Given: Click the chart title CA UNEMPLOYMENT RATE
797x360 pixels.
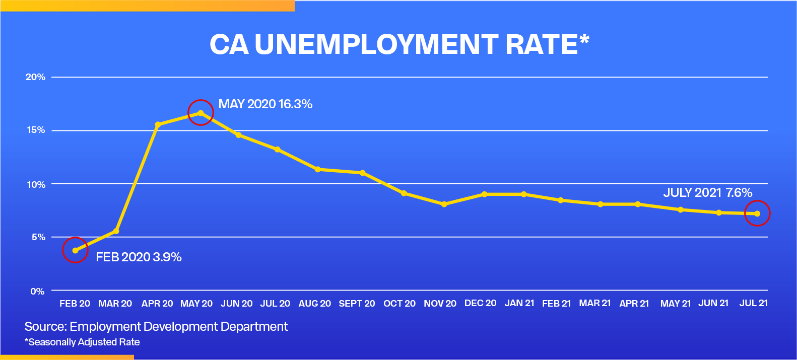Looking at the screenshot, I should click(393, 44).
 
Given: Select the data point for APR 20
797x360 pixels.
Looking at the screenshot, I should click(158, 124).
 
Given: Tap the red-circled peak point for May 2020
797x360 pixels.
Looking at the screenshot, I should click(201, 113).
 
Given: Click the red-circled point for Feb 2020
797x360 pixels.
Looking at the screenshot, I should click(76, 250).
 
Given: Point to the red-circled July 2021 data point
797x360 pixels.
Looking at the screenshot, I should click(757, 213).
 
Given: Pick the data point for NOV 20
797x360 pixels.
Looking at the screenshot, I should click(444, 204).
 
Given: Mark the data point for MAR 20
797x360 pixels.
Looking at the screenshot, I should click(116, 231).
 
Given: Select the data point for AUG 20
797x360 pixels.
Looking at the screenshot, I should click(317, 169).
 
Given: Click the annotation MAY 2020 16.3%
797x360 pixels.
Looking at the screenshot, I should click(265, 104).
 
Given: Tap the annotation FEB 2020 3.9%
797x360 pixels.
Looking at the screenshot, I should click(139, 257).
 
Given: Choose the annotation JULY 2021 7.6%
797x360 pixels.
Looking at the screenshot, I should click(707, 192).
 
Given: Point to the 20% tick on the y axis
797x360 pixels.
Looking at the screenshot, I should click(35, 77).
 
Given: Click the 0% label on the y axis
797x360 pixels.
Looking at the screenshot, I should click(37, 291).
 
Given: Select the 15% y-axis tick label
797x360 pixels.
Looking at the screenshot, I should click(35, 130).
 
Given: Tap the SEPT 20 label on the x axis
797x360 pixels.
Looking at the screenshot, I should click(357, 304).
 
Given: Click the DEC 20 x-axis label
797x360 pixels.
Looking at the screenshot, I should click(480, 303).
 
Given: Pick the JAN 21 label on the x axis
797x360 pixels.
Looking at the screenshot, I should click(519, 303).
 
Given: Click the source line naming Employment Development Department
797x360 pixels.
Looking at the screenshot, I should click(156, 327).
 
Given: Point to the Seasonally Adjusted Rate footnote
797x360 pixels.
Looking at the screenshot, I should click(82, 342).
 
